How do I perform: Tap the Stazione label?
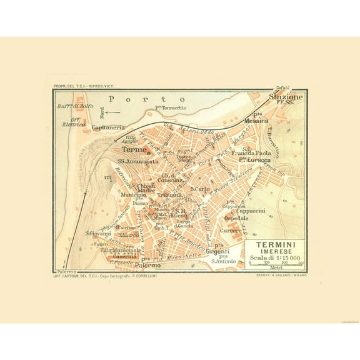286,97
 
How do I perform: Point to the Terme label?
134,151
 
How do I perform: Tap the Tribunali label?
169,196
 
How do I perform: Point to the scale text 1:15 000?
286,258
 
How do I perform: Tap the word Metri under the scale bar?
276,269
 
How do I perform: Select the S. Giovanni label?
98,234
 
